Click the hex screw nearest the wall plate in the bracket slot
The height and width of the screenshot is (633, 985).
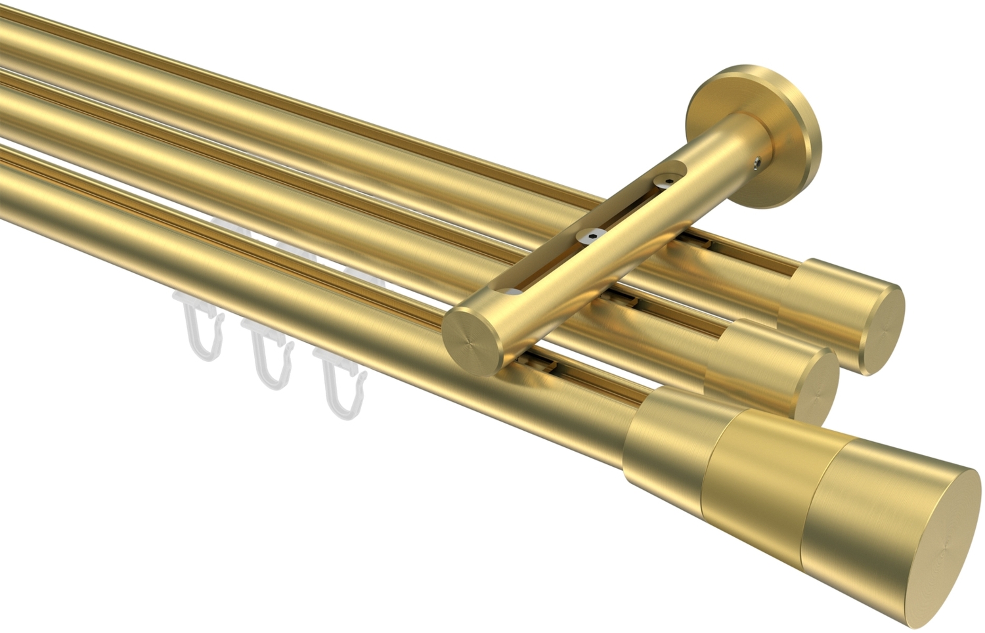click(668, 178)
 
